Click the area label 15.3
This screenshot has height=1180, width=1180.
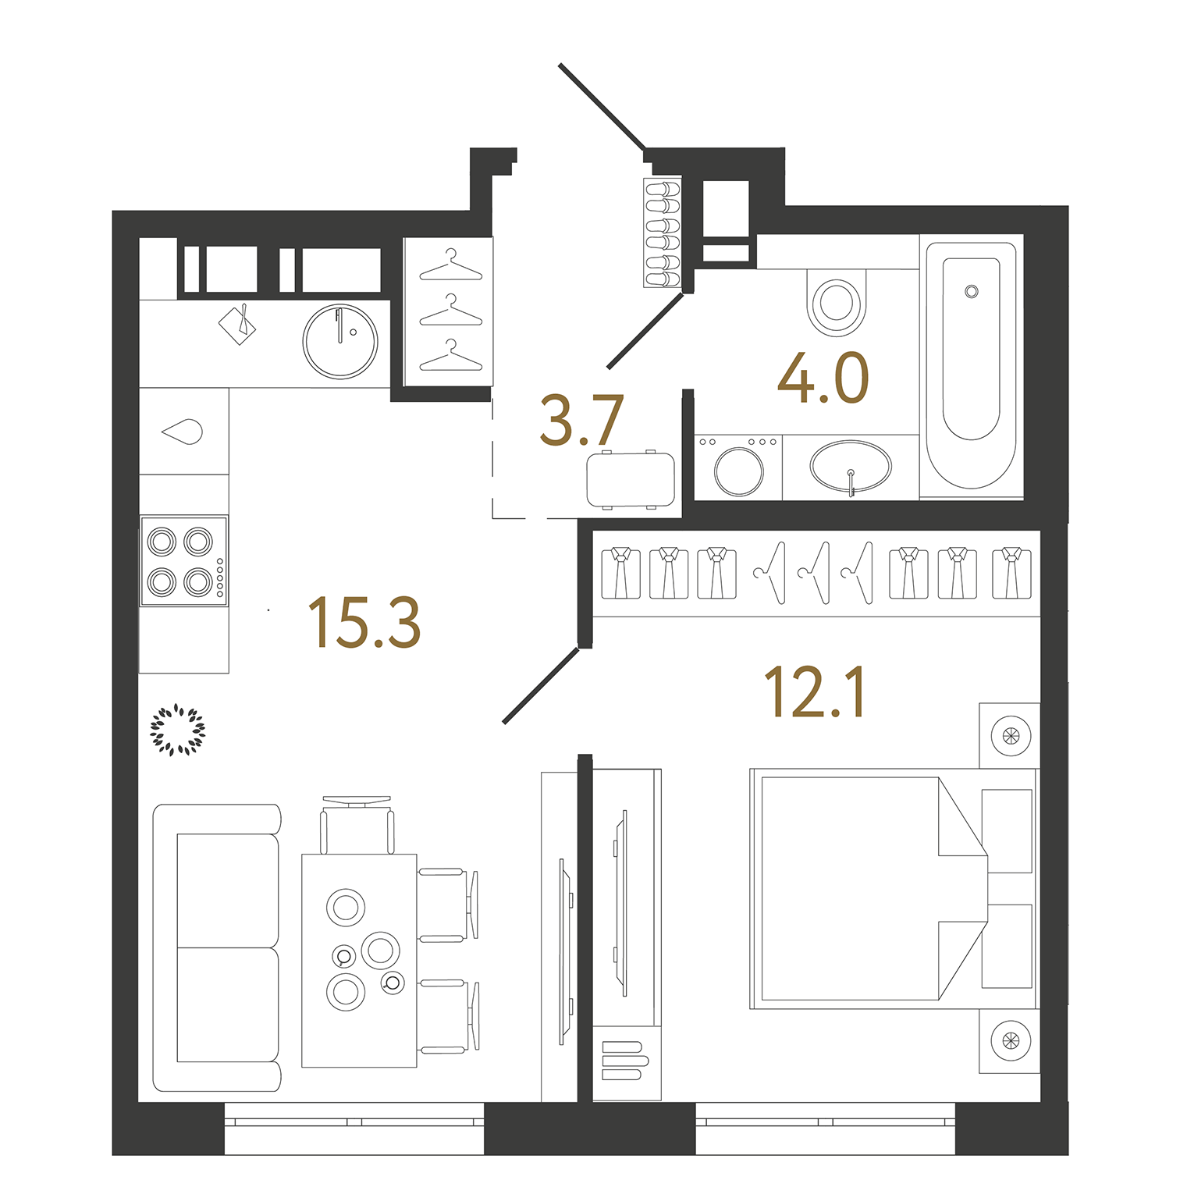click(x=364, y=622)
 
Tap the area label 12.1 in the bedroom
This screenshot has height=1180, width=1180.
click(x=814, y=692)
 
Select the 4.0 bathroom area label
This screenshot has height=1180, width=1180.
click(x=823, y=379)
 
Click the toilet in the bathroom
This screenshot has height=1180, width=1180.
click(x=837, y=303)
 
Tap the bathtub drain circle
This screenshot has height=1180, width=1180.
click(x=971, y=291)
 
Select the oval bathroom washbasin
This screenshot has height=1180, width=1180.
click(x=850, y=467)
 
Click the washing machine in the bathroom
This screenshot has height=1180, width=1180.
click(x=738, y=467)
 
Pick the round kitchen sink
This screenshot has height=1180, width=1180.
click(x=340, y=341)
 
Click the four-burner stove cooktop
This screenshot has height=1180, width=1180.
click(x=183, y=561)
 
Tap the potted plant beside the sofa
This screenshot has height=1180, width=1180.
click(x=177, y=730)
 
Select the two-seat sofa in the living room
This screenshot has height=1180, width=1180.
click(x=217, y=947)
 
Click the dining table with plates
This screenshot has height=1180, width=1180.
click(x=359, y=960)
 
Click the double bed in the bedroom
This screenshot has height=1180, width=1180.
click(x=866, y=888)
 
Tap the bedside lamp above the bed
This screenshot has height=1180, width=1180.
click(x=1010, y=735)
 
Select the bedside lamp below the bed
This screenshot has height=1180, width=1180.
click(x=1010, y=1040)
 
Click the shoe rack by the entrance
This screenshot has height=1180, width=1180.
click(x=662, y=233)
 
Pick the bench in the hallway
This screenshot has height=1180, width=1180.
click(x=631, y=479)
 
